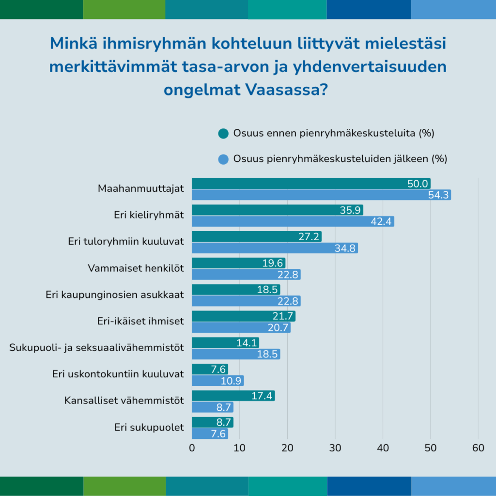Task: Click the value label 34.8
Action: coord(345,248)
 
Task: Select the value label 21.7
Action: coord(282,316)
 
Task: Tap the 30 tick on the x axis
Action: coord(335,449)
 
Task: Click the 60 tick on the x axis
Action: coord(478,449)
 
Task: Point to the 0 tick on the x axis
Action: coord(192,449)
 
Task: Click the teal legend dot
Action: coord(223,134)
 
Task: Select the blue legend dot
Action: coord(223,159)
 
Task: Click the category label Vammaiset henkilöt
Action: coord(136,268)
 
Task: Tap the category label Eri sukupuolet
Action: coord(149,427)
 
